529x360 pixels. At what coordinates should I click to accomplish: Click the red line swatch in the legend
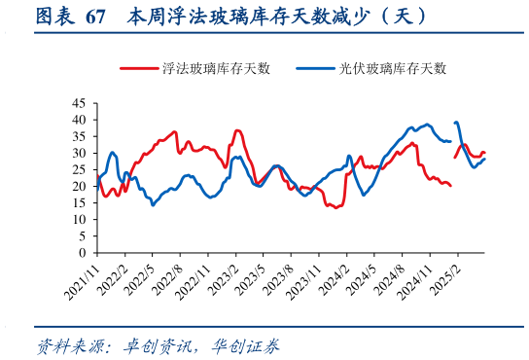[x=139, y=68]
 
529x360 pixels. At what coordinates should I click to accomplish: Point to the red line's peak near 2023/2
[x=238, y=130]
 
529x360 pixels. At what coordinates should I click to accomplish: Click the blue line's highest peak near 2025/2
[x=456, y=122]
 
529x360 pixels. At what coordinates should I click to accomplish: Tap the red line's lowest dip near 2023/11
[x=335, y=207]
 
